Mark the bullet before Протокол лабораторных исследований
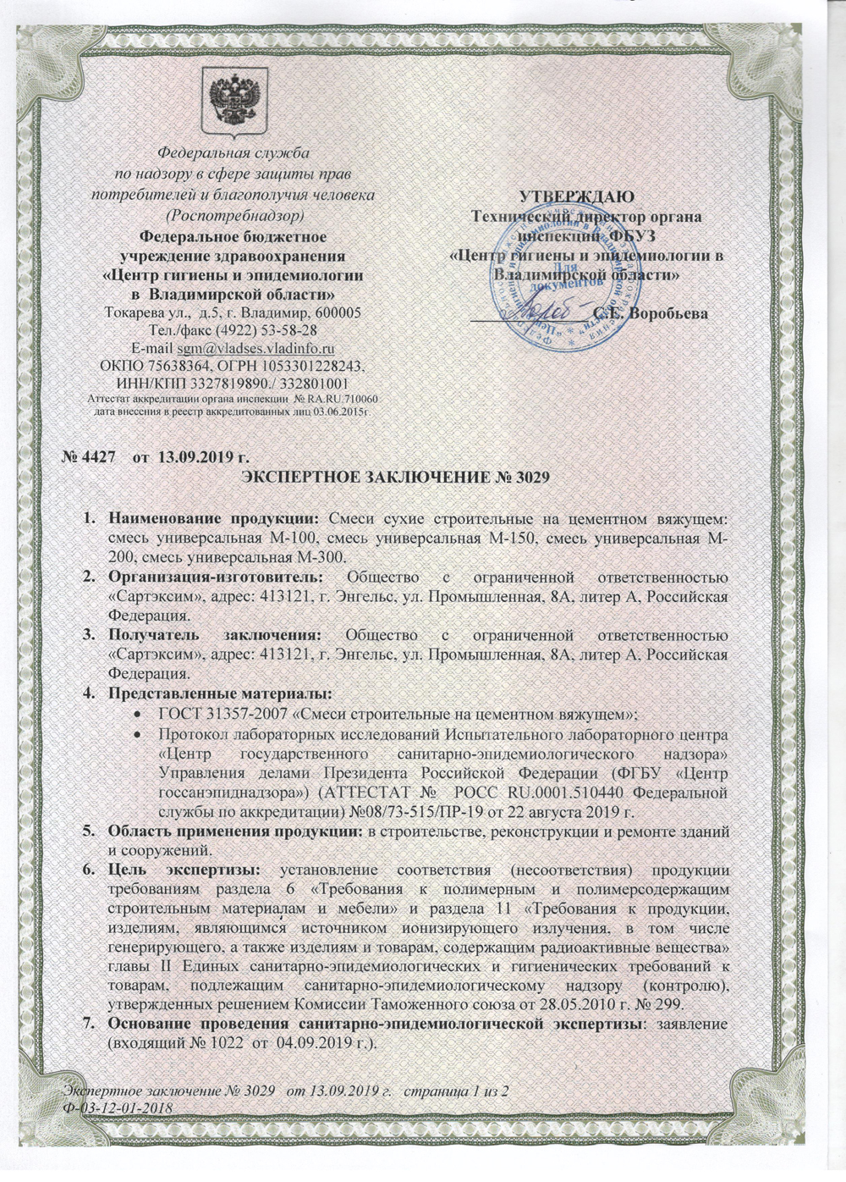[x=138, y=734]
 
